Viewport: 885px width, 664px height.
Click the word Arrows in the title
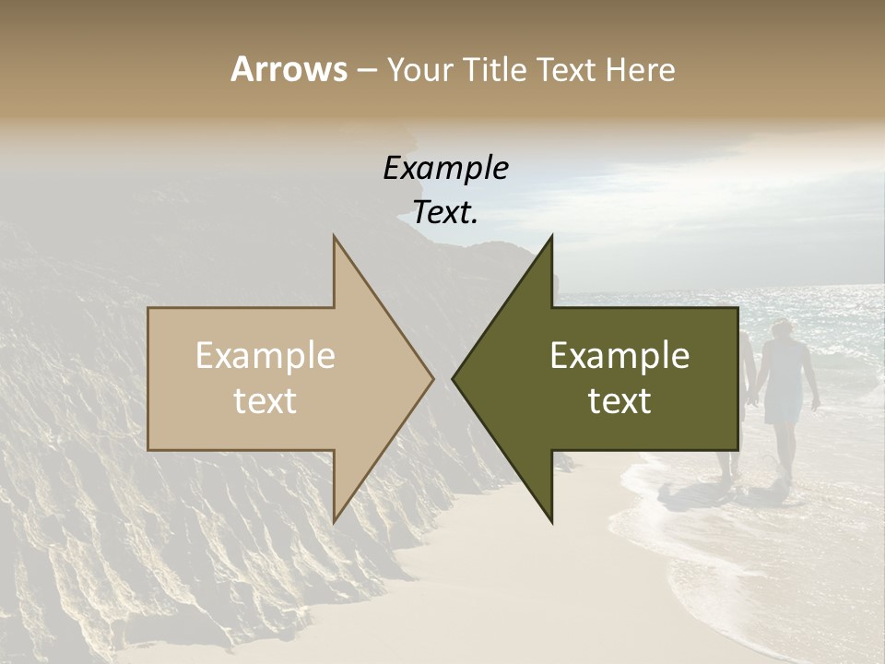click(289, 69)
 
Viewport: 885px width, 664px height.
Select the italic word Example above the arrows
click(445, 169)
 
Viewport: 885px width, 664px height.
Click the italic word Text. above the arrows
click(445, 213)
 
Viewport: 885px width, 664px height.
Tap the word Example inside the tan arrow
click(265, 356)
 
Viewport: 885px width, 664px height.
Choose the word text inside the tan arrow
click(265, 401)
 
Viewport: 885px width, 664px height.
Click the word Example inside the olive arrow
click(619, 356)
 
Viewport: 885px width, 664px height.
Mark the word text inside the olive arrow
click(619, 401)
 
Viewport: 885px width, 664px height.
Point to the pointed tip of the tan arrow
click(432, 378)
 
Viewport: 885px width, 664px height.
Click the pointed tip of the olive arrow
click(454, 378)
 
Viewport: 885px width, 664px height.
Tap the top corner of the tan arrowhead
click(334, 237)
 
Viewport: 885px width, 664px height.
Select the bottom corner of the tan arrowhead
click(334, 521)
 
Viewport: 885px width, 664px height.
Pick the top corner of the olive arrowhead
click(551, 237)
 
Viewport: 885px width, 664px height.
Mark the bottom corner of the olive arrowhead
click(551, 521)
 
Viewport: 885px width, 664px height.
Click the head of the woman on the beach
click(783, 330)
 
